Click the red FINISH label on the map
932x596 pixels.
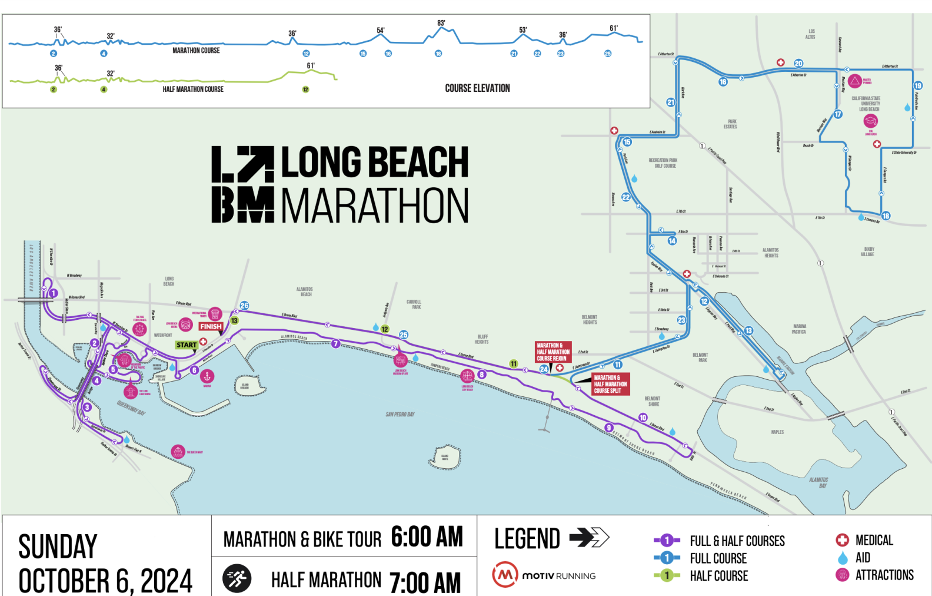211,326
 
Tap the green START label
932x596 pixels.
187,345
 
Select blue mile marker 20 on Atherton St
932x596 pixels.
798,64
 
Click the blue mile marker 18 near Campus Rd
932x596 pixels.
886,216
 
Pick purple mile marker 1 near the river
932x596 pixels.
54,293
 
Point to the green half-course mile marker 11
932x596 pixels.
514,364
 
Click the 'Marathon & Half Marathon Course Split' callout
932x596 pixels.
610,384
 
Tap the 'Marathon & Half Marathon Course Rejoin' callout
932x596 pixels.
552,352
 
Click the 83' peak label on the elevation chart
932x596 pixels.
441,24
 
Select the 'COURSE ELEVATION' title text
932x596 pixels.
477,88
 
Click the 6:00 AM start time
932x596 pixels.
427,537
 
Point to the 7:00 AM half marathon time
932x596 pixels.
425,582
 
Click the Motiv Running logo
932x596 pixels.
544,575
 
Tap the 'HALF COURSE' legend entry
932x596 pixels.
718,576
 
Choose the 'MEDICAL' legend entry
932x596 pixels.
874,540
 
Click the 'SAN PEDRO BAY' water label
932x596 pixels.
400,415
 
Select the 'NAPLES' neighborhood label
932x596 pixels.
777,432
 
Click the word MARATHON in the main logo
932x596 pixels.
375,206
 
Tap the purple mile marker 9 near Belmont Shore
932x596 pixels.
609,428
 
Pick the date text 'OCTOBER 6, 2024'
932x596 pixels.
105,581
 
